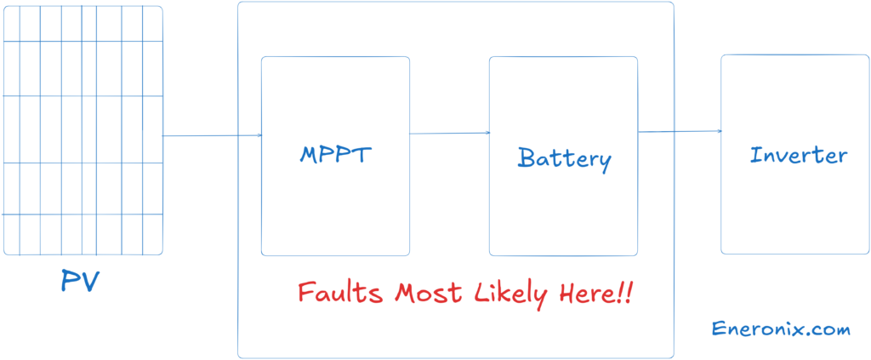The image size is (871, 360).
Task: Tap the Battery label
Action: (x=564, y=158)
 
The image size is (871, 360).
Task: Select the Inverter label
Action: (x=798, y=156)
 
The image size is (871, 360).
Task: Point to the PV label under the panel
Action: (x=81, y=282)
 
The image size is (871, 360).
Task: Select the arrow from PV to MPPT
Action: (x=212, y=135)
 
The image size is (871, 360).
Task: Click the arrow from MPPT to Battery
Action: (x=449, y=133)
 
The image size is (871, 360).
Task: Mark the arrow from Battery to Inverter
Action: (x=680, y=131)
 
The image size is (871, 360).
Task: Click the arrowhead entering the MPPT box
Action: (x=259, y=135)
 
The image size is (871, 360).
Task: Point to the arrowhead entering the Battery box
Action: (x=487, y=133)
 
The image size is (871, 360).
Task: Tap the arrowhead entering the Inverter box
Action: (x=719, y=131)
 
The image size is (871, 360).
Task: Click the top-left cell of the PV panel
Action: (x=11, y=24)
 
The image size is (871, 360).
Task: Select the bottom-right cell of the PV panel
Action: (x=152, y=234)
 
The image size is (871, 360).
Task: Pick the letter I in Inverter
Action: (x=754, y=156)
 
